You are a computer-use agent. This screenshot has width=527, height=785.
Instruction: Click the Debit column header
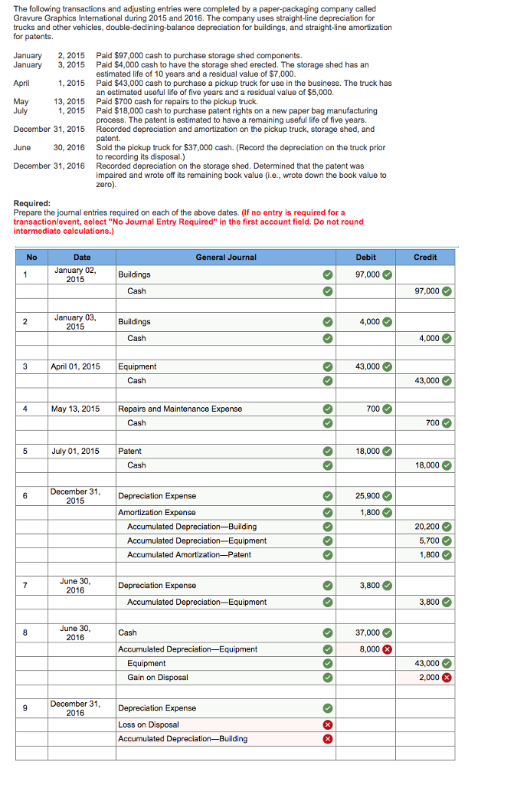(x=365, y=257)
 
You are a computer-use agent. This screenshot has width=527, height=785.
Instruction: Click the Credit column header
(x=425, y=257)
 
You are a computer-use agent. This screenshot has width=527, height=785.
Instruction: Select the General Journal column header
(x=226, y=257)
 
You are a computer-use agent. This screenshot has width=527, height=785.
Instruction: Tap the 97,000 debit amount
(x=368, y=274)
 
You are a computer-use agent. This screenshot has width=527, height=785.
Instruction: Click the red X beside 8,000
(x=388, y=649)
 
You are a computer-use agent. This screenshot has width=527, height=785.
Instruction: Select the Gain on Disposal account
(x=157, y=678)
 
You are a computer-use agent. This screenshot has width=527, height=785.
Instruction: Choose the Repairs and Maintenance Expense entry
(x=180, y=409)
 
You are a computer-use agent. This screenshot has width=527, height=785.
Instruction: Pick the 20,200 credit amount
(x=427, y=527)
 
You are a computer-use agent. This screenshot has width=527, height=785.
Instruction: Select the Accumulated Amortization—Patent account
(x=188, y=554)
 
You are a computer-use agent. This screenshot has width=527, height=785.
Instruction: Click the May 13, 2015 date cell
(x=75, y=409)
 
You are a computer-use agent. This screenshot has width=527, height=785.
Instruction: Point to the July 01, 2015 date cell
(x=75, y=451)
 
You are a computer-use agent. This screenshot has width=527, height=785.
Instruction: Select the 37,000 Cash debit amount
(x=368, y=632)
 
